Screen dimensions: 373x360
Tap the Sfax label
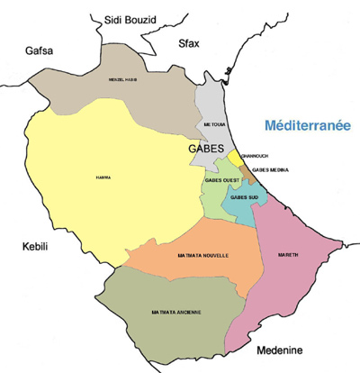pyautogui.click(x=189, y=42)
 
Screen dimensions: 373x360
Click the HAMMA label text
pyautogui.click(x=102, y=178)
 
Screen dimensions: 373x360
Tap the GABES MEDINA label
pyautogui.click(x=271, y=170)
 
